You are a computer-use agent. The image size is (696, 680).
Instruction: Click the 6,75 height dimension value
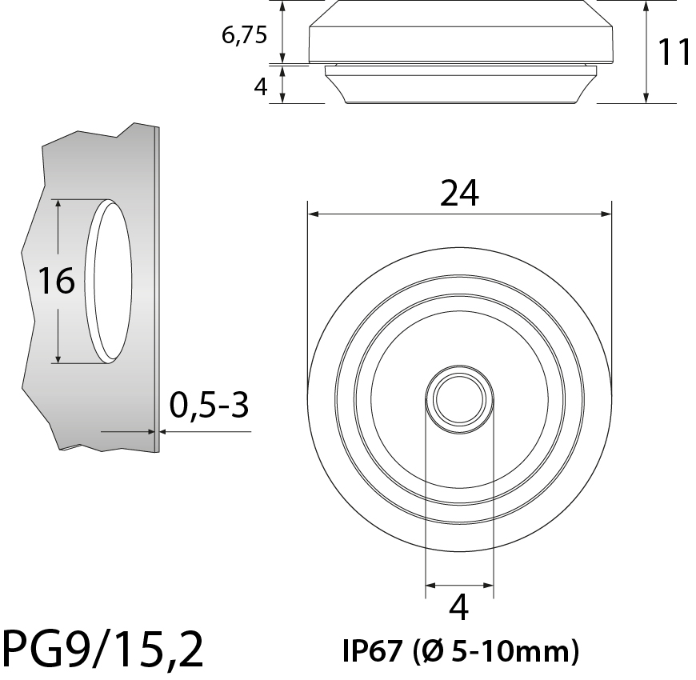pos(245,35)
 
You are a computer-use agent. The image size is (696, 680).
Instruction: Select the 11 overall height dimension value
pos(674,53)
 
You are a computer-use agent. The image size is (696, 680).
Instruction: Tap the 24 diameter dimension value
pos(459,193)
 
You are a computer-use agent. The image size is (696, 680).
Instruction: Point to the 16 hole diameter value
pos(57,281)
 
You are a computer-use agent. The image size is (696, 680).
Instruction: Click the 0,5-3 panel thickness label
pos(210,406)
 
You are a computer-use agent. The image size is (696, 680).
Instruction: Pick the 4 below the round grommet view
pos(459,609)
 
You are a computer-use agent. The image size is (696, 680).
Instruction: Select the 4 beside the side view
pos(260,86)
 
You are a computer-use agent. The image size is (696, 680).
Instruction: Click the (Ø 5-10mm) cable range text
pos(496,651)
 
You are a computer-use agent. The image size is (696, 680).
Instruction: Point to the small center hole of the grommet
pos(459,398)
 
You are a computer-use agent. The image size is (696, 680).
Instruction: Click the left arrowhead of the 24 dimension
pos(313,214)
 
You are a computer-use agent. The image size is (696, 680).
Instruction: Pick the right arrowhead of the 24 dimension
pos(606,214)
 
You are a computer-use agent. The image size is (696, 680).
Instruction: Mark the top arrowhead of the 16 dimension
pos(58,205)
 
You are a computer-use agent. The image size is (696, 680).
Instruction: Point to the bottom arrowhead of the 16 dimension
pos(58,358)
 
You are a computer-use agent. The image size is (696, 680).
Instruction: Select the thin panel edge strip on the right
pos(157,288)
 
